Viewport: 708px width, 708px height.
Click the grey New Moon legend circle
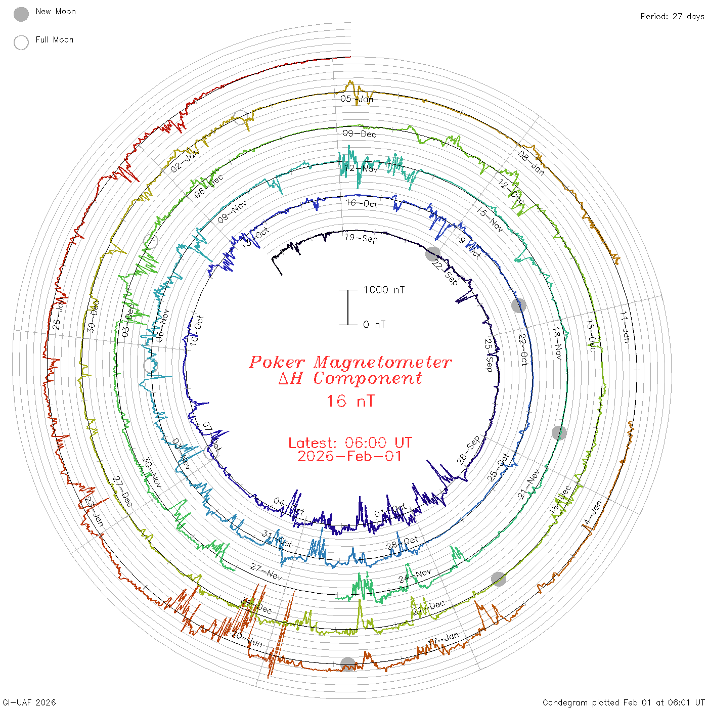click(x=21, y=15)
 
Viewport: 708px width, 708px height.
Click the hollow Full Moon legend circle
click(x=21, y=43)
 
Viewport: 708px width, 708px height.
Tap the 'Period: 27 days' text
click(x=672, y=16)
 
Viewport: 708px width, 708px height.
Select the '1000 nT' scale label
click(x=384, y=290)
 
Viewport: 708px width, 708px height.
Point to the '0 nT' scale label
click(x=374, y=324)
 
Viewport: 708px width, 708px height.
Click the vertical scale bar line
click(x=348, y=307)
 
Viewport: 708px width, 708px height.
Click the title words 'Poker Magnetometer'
click(x=350, y=362)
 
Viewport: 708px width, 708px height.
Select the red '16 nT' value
click(x=350, y=401)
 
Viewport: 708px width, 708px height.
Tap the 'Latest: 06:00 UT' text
click(x=350, y=443)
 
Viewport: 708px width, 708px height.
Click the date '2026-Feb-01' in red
click(x=350, y=456)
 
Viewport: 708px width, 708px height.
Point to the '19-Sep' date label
click(x=361, y=238)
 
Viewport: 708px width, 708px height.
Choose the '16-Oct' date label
click(x=362, y=203)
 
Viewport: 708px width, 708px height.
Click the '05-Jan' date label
click(x=357, y=99)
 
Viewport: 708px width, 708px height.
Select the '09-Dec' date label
click(x=359, y=134)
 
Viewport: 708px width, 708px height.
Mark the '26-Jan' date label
click(x=59, y=315)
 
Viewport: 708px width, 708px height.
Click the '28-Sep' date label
click(x=468, y=450)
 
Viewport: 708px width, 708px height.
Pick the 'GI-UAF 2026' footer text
click(x=29, y=702)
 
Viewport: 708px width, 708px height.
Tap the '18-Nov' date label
click(x=557, y=343)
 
